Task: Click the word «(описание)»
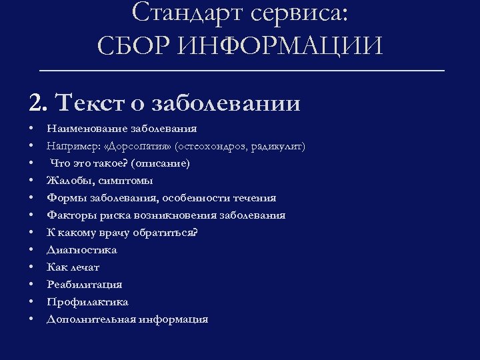click(161, 163)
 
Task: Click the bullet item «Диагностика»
click(81, 250)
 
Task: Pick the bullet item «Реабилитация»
click(84, 285)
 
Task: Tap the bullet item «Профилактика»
click(87, 302)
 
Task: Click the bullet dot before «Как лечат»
click(31, 267)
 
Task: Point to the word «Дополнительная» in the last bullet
click(91, 319)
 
